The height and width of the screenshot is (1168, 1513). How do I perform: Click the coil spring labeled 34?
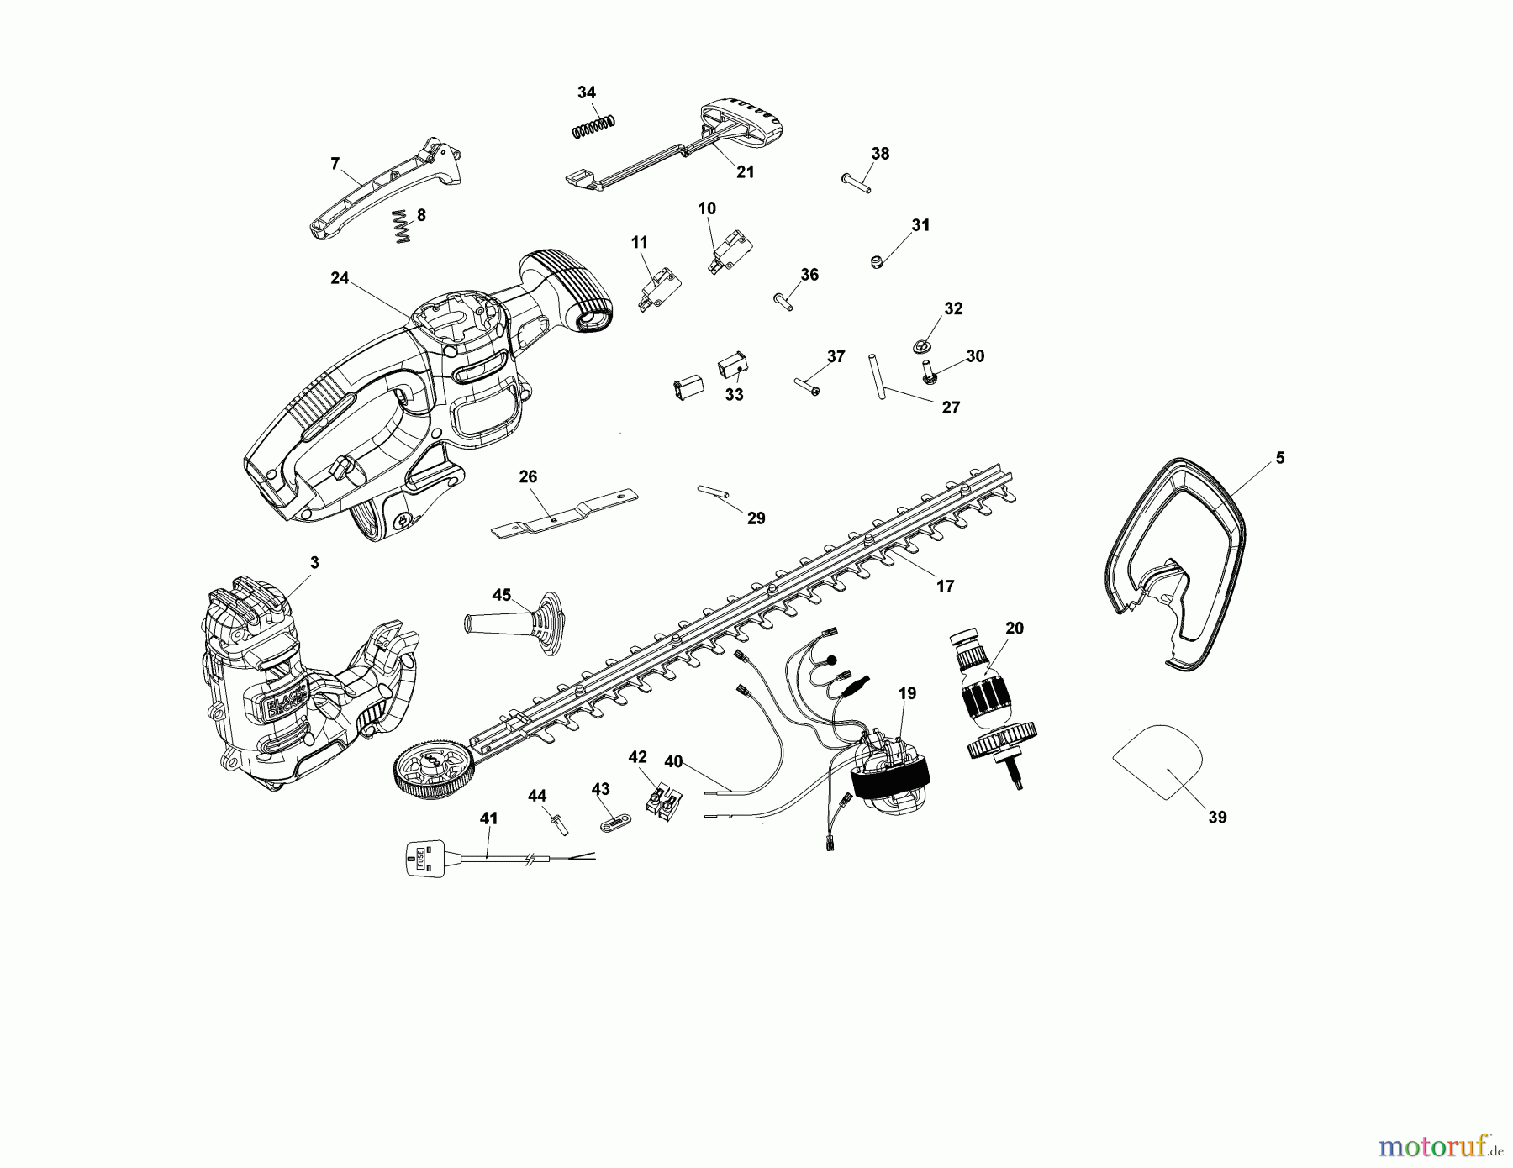coord(596,125)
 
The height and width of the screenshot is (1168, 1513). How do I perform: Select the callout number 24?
coord(340,278)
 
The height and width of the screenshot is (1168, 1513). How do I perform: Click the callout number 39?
coord(1217,816)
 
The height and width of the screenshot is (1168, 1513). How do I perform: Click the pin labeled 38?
coord(856,182)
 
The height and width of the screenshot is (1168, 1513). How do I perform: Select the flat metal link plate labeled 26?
coord(564,516)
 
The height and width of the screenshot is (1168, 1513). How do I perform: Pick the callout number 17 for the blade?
coord(945,586)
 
